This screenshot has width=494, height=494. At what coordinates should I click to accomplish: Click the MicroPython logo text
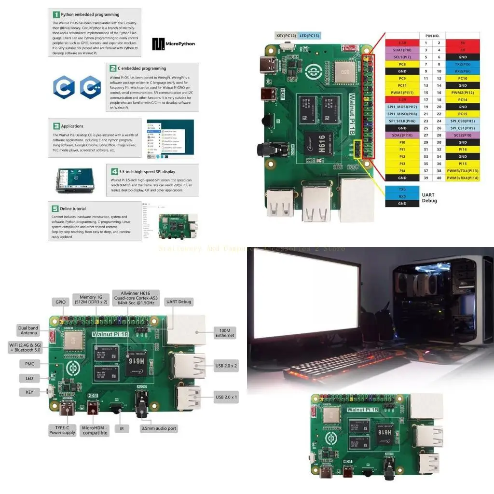click(x=180, y=44)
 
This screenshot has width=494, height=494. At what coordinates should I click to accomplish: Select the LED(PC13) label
click(x=310, y=35)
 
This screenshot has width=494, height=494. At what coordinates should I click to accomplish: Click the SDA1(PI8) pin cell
click(x=402, y=50)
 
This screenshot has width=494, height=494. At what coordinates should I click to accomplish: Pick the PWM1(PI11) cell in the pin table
click(x=402, y=92)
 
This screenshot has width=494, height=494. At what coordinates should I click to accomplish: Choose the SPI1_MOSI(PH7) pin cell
click(x=402, y=106)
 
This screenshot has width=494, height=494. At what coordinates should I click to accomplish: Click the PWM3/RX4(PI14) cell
click(x=462, y=178)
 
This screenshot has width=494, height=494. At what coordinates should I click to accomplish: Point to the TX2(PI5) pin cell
click(x=462, y=64)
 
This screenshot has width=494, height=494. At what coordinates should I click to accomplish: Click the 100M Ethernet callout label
click(x=225, y=332)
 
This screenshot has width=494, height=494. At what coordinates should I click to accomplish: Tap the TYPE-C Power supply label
click(x=62, y=429)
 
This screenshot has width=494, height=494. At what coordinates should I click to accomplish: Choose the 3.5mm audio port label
click(x=159, y=428)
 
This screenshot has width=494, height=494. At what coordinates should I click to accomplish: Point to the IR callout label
click(x=122, y=428)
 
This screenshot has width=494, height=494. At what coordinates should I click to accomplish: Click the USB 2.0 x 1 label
click(x=226, y=398)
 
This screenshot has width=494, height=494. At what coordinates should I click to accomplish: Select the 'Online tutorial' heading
click(x=73, y=209)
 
